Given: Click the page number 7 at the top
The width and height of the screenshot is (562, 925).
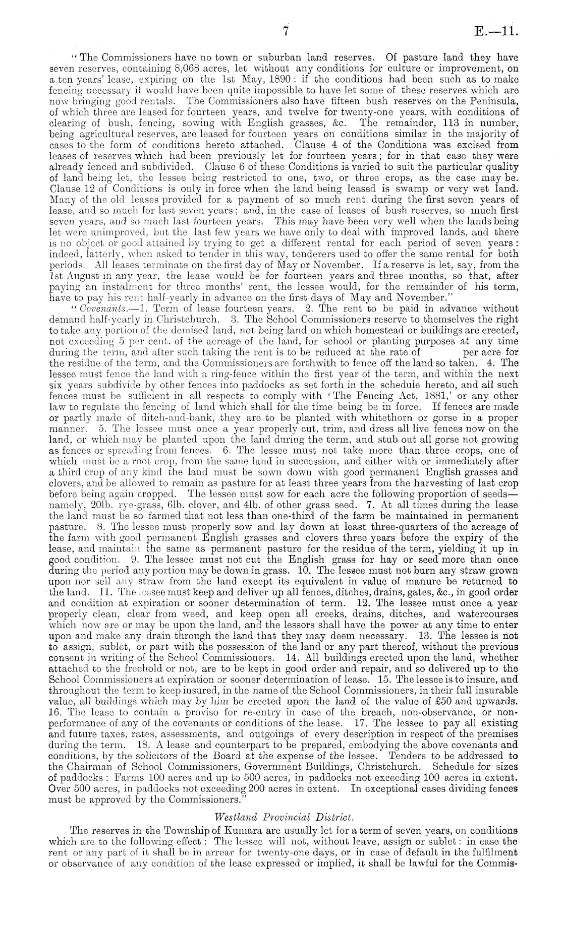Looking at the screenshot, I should tap(285, 33).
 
